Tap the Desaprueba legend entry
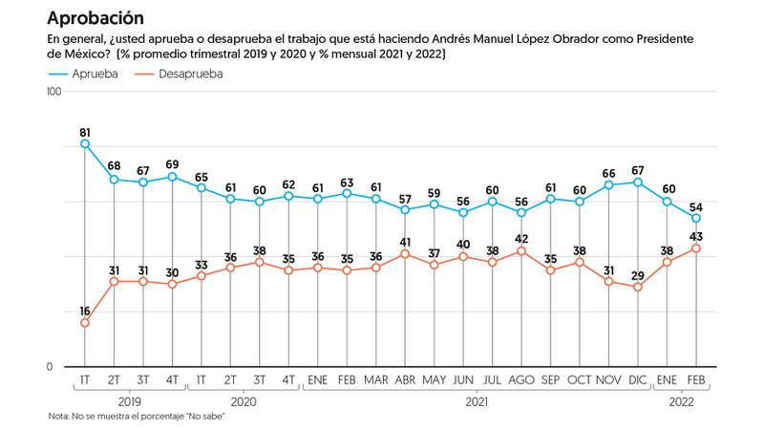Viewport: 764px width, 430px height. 191,74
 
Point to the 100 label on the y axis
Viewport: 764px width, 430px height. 53,92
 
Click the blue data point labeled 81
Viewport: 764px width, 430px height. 85,143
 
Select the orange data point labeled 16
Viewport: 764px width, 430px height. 85,323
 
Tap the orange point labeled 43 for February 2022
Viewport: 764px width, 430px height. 697,248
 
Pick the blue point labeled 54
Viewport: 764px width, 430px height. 697,218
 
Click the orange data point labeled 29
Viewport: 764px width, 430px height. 638,287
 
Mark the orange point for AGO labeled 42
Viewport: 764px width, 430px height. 521,251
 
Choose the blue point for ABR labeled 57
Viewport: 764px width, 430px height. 405,209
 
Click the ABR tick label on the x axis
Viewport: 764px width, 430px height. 405,380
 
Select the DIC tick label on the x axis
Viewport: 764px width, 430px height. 638,380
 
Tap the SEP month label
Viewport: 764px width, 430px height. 551,380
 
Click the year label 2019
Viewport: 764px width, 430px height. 129,403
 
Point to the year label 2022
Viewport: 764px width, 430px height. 682,403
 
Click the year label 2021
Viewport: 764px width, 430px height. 477,403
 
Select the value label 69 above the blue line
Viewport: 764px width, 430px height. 172,164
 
